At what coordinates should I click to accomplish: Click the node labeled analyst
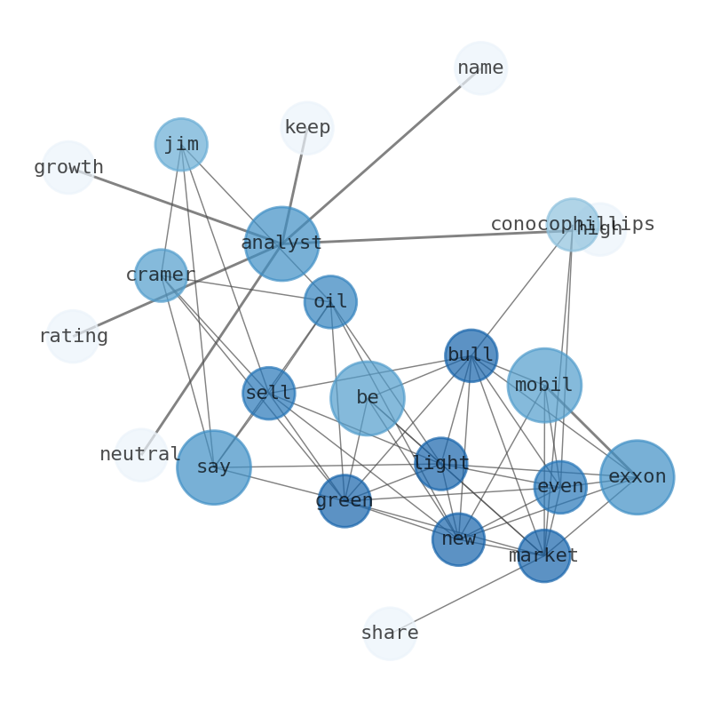tap(281, 243)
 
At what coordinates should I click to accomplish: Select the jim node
tap(181, 144)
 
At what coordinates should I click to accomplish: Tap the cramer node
tap(161, 275)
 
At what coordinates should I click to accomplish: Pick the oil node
tap(330, 302)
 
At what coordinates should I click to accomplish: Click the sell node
tap(268, 393)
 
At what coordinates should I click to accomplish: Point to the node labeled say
tap(214, 467)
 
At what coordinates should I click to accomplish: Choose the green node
tap(345, 501)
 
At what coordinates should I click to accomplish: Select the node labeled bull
tap(471, 355)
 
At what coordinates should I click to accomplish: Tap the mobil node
tap(544, 385)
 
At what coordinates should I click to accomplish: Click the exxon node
tap(637, 477)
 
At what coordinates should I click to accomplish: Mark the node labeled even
tap(560, 487)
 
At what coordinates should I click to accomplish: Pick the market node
tap(543, 556)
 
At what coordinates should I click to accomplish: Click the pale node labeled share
tap(390, 634)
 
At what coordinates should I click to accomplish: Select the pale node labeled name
tap(480, 68)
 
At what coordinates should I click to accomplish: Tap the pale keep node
tap(307, 128)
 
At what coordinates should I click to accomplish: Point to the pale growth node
tap(68, 167)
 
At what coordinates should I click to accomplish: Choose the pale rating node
tap(73, 336)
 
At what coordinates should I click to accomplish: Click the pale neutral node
tap(140, 454)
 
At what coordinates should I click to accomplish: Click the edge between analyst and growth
tap(169, 203)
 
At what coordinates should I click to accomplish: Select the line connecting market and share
tap(466, 594)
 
